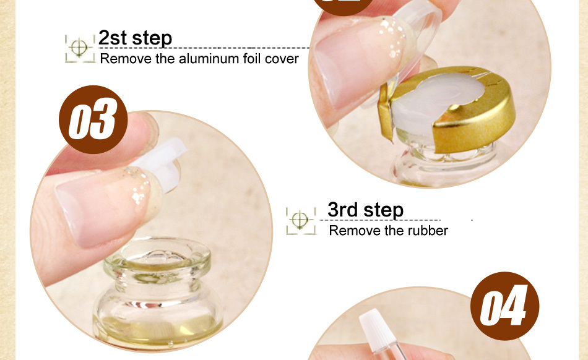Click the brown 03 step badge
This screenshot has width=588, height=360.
coord(93,119)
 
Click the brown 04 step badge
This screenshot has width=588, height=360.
coord(504,306)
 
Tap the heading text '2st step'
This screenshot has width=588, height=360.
coord(135,38)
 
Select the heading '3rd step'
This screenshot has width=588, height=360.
coord(365,210)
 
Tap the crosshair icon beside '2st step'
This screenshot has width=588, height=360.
coord(79,48)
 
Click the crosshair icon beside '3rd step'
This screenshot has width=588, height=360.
coord(300,220)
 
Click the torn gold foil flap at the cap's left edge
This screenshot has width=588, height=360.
coord(386,113)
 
